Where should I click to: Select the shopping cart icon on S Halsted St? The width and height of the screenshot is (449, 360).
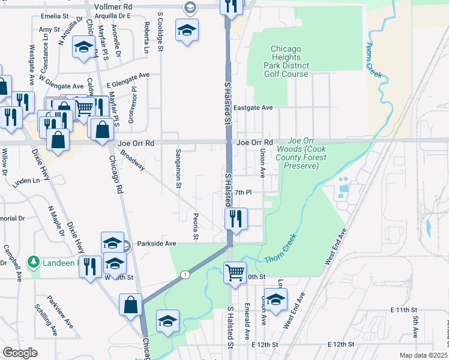point(235,272)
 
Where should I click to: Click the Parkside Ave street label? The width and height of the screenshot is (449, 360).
point(156,244)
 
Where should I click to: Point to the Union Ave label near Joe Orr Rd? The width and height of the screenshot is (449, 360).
point(262,164)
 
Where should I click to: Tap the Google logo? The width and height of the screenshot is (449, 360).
point(20,353)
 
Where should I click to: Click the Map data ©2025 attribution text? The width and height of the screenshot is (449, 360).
point(423,355)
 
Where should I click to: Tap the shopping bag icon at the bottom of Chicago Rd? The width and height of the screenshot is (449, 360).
point(130,305)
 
